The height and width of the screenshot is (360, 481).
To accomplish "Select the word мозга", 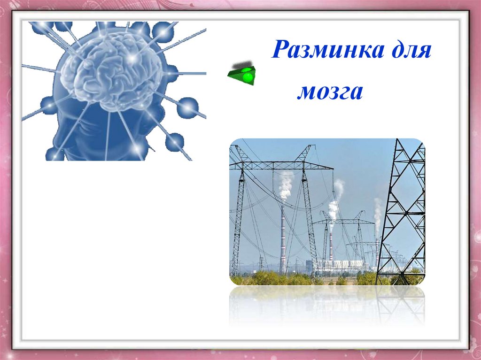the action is [330, 92].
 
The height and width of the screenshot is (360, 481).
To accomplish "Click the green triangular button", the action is [242, 76].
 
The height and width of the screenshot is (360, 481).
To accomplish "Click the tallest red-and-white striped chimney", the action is [282, 239].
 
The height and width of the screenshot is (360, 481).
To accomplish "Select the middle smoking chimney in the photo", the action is [331, 247].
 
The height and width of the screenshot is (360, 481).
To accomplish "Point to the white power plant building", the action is [341, 265].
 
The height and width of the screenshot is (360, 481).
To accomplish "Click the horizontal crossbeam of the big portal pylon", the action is [281, 166].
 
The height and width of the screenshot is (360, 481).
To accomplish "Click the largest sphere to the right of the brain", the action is [187, 107].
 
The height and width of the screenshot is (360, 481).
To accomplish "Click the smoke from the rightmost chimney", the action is [378, 216].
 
